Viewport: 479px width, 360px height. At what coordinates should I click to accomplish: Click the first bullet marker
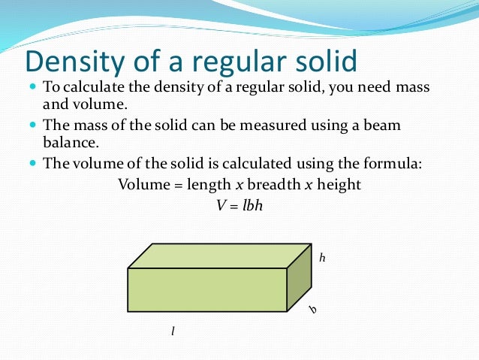[x=32, y=86]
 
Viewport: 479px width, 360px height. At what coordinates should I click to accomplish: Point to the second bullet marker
[x=32, y=124]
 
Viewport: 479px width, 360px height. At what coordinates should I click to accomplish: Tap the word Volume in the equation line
[x=141, y=184]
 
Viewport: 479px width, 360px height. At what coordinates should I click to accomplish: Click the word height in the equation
[x=338, y=184]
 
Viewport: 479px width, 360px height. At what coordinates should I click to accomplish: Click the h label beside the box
[x=322, y=258]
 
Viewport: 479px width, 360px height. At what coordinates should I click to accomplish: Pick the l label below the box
[x=173, y=330]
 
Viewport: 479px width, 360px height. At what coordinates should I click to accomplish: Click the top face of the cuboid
[x=219, y=256]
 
